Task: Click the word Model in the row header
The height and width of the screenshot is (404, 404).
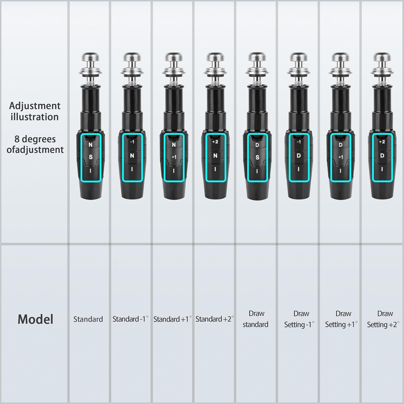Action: [36, 319]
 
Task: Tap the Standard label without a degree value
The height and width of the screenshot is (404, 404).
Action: [88, 319]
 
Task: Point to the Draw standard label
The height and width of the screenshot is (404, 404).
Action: [256, 319]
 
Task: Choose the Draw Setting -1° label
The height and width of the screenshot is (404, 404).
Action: [299, 319]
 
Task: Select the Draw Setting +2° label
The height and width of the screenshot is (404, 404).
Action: [383, 319]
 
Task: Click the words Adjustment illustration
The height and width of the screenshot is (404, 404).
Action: [35, 111]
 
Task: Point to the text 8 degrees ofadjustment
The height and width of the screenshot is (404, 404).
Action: [35, 144]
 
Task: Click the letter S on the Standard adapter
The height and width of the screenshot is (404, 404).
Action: [90, 157]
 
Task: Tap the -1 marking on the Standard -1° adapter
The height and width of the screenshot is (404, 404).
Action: [132, 142]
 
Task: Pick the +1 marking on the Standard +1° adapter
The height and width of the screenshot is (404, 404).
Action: [174, 157]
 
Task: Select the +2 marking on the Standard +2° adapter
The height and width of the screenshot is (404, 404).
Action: [215, 142]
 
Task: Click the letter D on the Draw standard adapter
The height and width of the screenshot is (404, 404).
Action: [257, 145]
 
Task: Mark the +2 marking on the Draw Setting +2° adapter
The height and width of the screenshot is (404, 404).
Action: [382, 142]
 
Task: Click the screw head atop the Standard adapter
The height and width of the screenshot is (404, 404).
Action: [90, 57]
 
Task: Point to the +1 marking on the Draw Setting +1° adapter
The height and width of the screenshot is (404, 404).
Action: [341, 157]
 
